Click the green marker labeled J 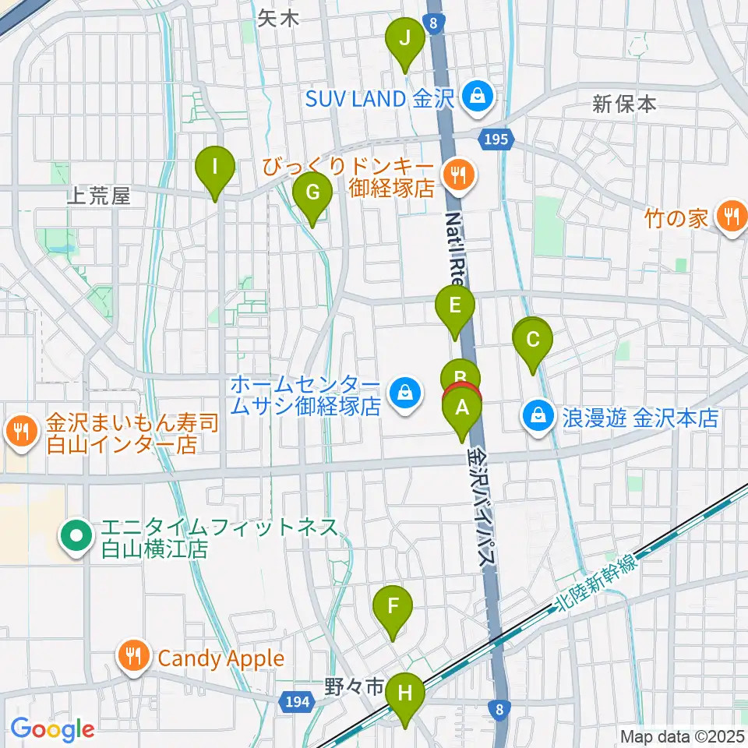click(404, 37)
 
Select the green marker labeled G click(312, 192)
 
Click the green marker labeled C click(534, 340)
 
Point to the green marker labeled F click(393, 605)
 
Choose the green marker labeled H click(404, 692)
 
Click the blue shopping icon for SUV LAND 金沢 click(474, 97)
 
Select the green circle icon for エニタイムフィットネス click(76, 537)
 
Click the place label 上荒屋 click(98, 197)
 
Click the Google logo click(52, 729)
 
